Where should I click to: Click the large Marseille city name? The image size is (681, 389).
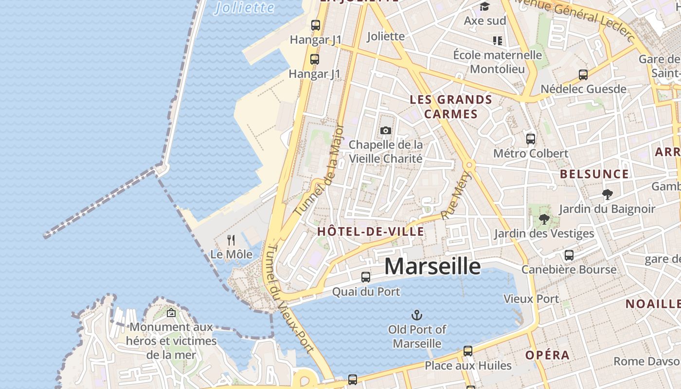pyautogui.click(x=432, y=266)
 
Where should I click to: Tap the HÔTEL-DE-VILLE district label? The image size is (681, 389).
pyautogui.click(x=371, y=232)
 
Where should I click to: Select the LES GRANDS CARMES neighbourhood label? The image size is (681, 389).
pyautogui.click(x=451, y=107)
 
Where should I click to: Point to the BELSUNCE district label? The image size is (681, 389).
pyautogui.click(x=594, y=174)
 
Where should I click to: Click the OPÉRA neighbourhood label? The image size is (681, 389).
pyautogui.click(x=547, y=355)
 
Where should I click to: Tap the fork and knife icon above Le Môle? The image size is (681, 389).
pyautogui.click(x=231, y=240)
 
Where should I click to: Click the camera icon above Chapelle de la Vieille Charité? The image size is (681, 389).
pyautogui.click(x=386, y=130)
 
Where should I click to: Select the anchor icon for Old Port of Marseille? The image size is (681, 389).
pyautogui.click(x=417, y=315)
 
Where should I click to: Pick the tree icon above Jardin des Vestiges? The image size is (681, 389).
pyautogui.click(x=544, y=219)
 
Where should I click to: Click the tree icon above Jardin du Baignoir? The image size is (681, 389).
pyautogui.click(x=607, y=194)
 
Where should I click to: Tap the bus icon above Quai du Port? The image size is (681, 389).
pyautogui.click(x=366, y=277)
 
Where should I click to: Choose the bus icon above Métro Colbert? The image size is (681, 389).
pyautogui.click(x=531, y=139)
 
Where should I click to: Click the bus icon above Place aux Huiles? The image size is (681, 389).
pyautogui.click(x=468, y=351)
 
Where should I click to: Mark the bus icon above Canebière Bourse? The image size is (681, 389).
pyautogui.click(x=569, y=255)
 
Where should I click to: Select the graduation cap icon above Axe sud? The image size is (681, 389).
pyautogui.click(x=484, y=6)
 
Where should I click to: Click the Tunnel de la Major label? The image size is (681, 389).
pyautogui.click(x=320, y=171)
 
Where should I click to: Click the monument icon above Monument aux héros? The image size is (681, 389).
pyautogui.click(x=171, y=313)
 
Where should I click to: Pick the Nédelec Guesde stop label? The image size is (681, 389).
pyautogui.click(x=584, y=89)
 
